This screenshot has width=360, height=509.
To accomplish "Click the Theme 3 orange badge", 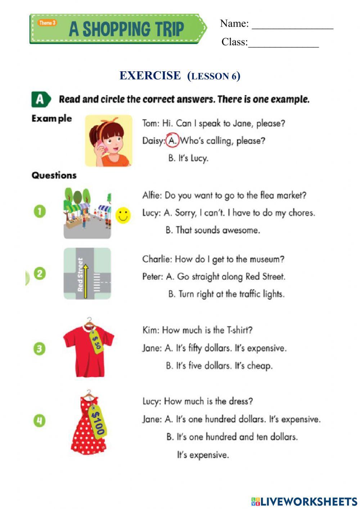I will tap(47, 23).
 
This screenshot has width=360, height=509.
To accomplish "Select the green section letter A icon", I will tap(40, 99).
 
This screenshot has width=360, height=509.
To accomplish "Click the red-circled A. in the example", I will tap(172, 140).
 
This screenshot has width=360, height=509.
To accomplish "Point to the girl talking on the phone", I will tap(108, 141).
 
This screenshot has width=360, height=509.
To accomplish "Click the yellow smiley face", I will tap(123, 215).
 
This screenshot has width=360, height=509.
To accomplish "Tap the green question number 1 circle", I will tap(40, 211).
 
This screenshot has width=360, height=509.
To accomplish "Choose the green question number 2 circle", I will tap(40, 273).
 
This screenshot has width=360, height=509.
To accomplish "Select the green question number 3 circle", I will tap(40, 349).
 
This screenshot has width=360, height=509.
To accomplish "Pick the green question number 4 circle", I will tap(40, 420).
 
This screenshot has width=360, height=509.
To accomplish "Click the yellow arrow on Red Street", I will tap(86, 281).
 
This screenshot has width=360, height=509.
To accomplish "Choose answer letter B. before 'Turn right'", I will tap(172, 294).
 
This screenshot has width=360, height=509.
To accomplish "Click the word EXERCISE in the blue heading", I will tap(150, 76).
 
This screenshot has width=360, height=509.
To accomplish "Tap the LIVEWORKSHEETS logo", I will tap(304, 501).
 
